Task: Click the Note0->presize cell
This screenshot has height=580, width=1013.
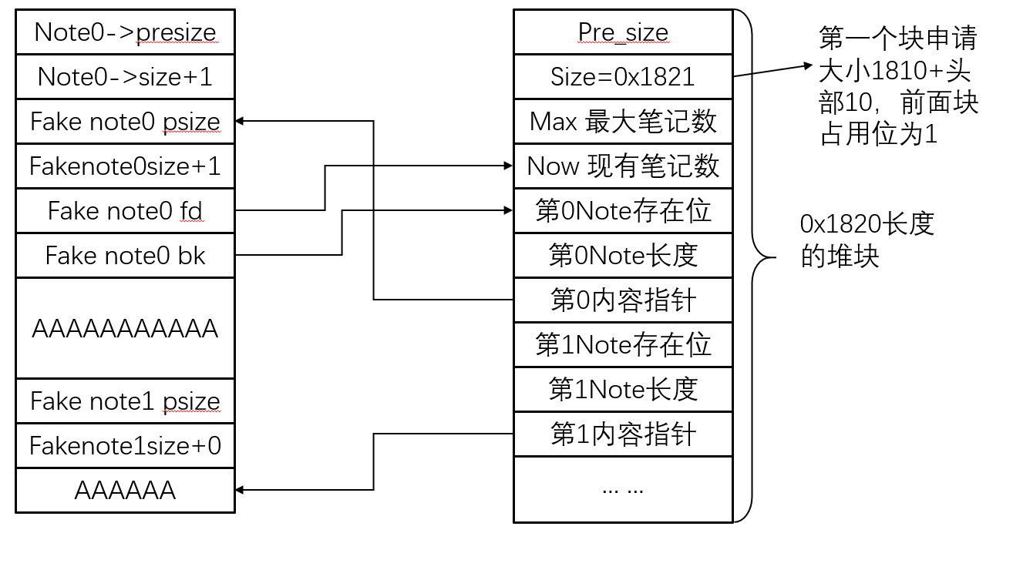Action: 125,32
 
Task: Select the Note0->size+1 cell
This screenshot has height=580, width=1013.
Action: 125,77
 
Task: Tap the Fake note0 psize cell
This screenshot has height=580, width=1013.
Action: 125,122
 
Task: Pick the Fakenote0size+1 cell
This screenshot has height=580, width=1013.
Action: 125,166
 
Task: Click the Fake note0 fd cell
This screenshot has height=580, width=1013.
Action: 125,210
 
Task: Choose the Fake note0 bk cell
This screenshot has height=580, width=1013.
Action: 125,255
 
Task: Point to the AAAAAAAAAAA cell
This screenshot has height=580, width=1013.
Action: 125,329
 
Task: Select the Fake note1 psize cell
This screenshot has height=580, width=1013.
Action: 125,401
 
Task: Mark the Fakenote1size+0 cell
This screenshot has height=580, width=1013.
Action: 125,446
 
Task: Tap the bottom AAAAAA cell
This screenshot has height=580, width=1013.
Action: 125,491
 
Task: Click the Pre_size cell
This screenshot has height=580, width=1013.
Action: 623,32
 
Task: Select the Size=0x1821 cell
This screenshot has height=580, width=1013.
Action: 623,77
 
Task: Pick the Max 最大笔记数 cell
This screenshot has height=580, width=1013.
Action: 623,122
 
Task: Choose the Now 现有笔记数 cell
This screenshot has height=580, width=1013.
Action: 623,166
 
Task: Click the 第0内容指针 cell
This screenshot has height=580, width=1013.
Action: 623,300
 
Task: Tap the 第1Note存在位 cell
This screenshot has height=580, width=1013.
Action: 623,344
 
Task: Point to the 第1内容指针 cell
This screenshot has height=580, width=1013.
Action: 623,434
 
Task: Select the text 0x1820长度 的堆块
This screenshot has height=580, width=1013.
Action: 867,240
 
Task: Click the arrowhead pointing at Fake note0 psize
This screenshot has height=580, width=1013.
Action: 240,121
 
